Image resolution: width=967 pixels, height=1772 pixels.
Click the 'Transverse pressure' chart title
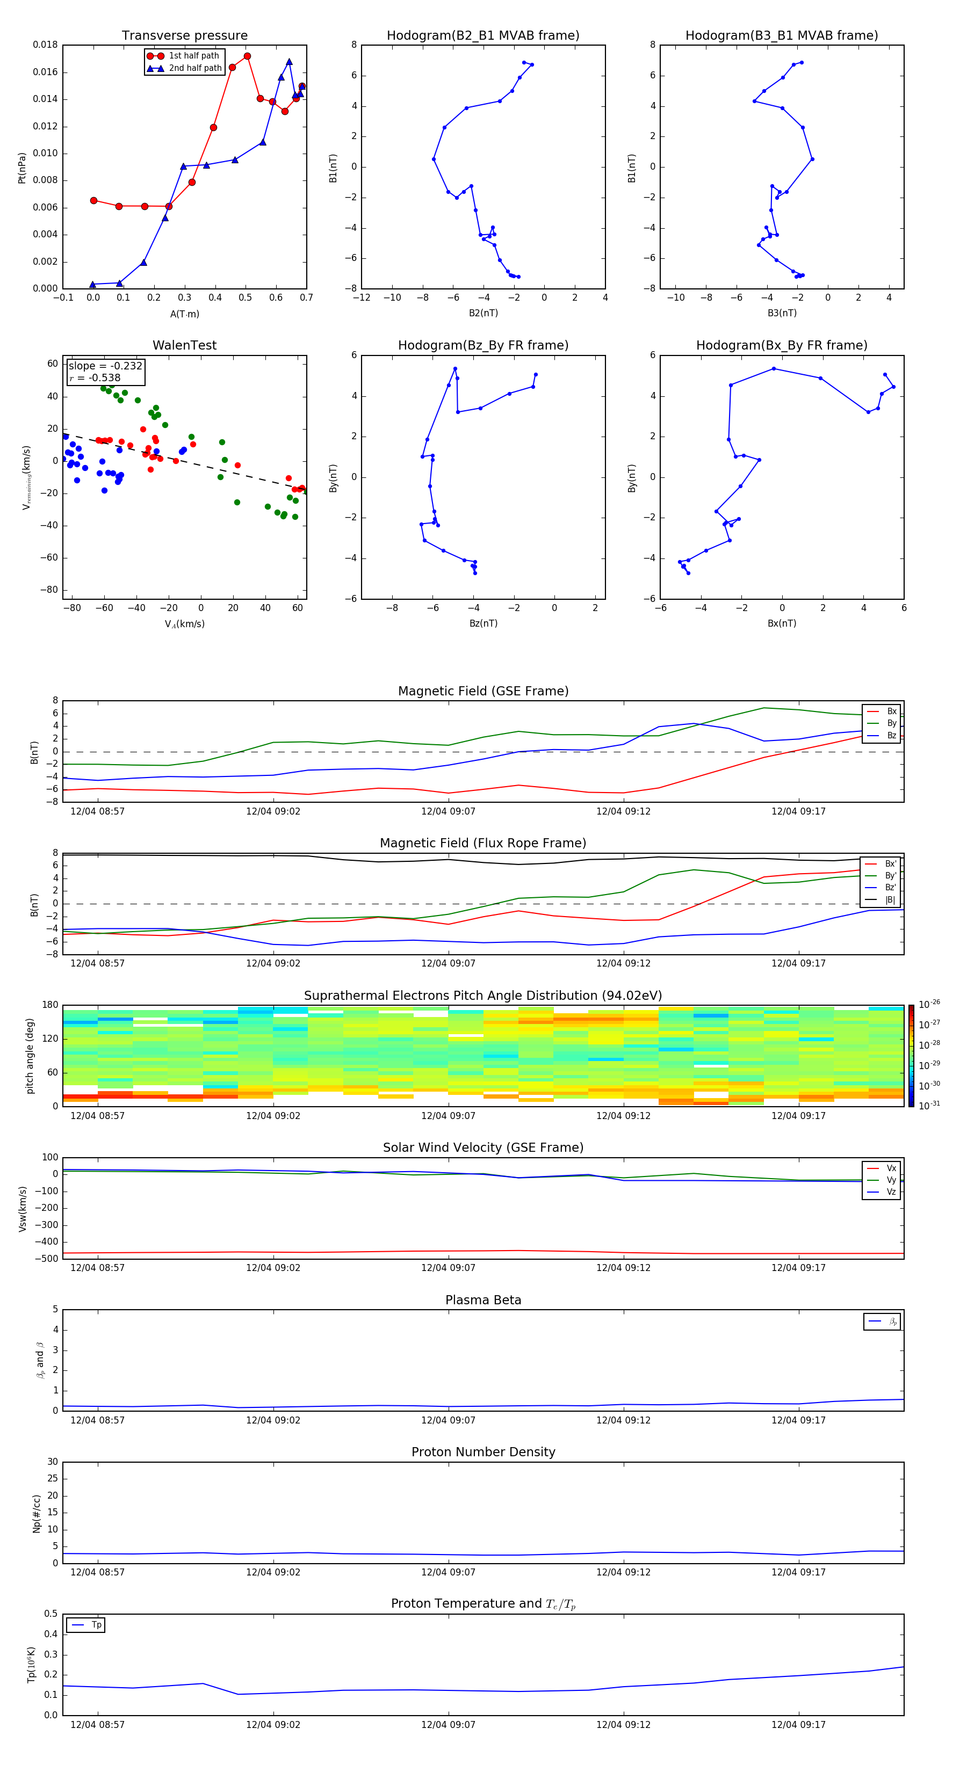(184, 36)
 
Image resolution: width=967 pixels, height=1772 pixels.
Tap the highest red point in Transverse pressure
(247, 56)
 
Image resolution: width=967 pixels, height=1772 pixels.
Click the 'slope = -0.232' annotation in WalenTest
(105, 366)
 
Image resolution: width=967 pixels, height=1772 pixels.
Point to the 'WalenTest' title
(184, 345)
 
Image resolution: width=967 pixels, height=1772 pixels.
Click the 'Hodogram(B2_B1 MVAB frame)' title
(482, 36)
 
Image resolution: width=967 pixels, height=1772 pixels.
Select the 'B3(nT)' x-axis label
(782, 313)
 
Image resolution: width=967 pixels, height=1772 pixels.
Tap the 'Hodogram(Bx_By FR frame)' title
(781, 345)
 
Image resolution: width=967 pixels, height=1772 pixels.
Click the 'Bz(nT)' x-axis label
(483, 623)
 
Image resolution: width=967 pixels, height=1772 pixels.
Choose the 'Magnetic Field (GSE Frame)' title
(483, 691)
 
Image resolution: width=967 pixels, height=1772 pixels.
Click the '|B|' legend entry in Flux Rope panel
(890, 900)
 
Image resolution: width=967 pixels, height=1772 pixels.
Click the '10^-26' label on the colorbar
(929, 1004)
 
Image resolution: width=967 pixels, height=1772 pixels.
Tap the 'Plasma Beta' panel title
(483, 1300)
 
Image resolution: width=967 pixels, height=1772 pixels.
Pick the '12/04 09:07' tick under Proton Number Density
(448, 1572)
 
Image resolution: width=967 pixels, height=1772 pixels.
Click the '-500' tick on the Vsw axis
(47, 1259)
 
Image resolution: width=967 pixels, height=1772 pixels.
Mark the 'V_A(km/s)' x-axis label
(184, 624)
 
